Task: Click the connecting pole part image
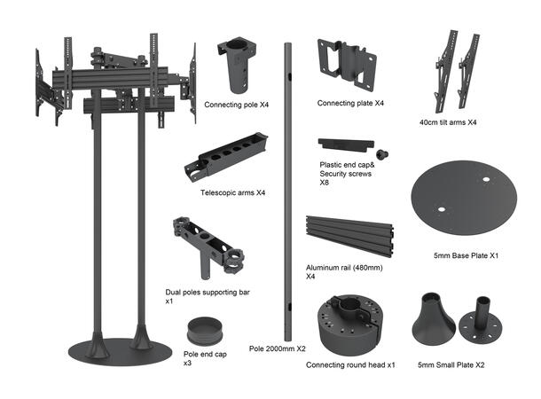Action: tap(240, 66)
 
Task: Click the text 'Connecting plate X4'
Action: tap(350, 104)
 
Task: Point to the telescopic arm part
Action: tap(225, 156)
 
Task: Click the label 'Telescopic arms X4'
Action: tap(232, 192)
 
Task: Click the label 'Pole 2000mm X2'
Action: tap(277, 349)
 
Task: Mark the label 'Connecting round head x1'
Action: tap(349, 364)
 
